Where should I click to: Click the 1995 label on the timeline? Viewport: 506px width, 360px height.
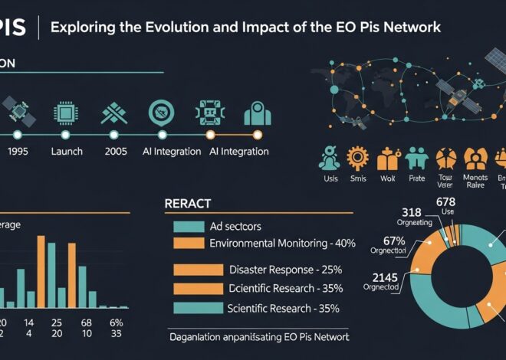pos(17,152)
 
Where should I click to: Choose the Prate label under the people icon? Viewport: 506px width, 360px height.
pos(416,178)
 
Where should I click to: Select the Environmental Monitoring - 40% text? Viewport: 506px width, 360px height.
pos(282,243)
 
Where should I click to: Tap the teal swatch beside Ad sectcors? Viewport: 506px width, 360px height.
pos(187,226)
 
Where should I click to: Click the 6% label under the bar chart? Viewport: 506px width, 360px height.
pos(117,322)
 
